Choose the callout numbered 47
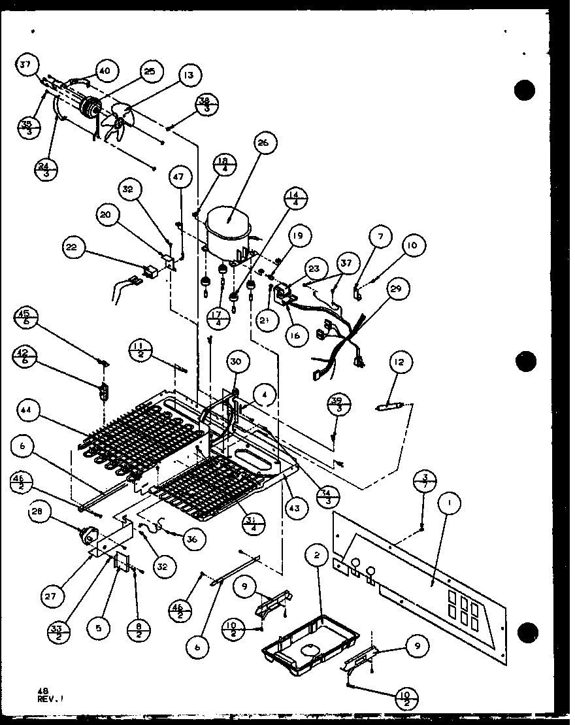[x=180, y=177]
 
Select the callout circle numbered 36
[x=191, y=539]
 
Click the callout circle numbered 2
[x=316, y=556]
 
